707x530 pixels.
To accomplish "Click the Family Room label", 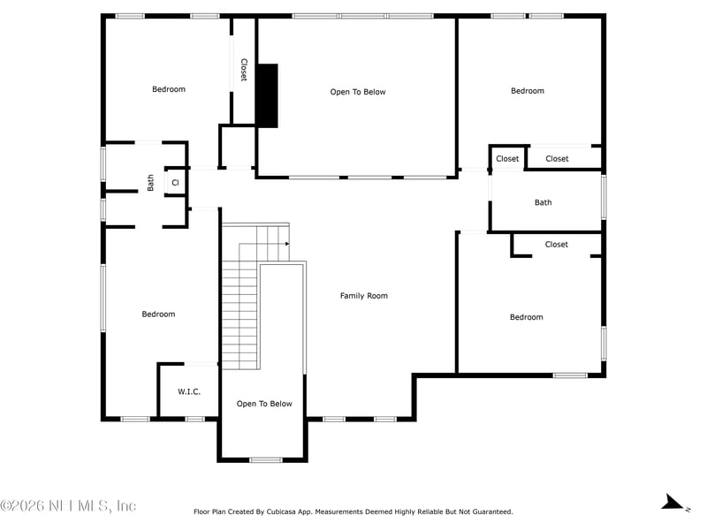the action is pyautogui.click(x=364, y=296).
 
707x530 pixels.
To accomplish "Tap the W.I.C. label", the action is pyautogui.click(x=189, y=391).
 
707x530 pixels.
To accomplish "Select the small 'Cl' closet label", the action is pyautogui.click(x=175, y=183).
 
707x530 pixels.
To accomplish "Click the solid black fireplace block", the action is pyautogui.click(x=267, y=95).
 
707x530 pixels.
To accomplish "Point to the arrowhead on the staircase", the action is pyautogui.click(x=287, y=244).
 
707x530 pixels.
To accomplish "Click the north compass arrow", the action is pyautogui.click(x=673, y=503).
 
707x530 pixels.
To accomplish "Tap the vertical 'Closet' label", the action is pyautogui.click(x=244, y=70).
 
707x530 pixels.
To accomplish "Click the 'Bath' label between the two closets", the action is pyautogui.click(x=543, y=202).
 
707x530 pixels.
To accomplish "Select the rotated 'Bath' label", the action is pyautogui.click(x=150, y=183).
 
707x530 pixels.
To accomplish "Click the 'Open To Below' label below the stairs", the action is pyautogui.click(x=264, y=404).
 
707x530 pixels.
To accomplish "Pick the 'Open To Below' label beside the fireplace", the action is pyautogui.click(x=358, y=92).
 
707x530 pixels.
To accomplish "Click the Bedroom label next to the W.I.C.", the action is pyautogui.click(x=158, y=314).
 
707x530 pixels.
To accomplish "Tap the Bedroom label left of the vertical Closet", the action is pyautogui.click(x=169, y=89).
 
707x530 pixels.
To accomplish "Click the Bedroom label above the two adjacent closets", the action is pyautogui.click(x=528, y=91).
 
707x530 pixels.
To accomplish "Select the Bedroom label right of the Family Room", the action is pyautogui.click(x=526, y=317).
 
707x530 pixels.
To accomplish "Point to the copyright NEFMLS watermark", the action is pyautogui.click(x=68, y=505).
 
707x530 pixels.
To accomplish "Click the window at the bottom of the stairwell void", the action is pyautogui.click(x=266, y=459).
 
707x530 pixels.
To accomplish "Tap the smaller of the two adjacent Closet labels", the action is pyautogui.click(x=507, y=159).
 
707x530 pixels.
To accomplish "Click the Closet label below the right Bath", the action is pyautogui.click(x=557, y=245).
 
